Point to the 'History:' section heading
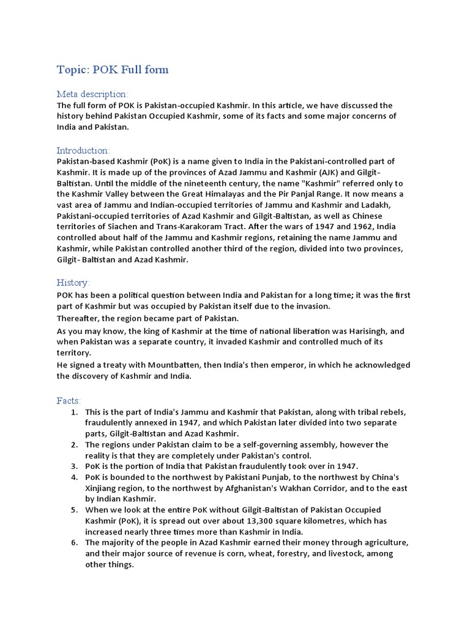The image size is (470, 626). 73,283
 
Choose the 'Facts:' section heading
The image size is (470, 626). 69,400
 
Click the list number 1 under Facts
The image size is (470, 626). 73,412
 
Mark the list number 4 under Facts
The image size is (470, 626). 73,477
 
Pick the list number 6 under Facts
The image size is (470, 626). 73,543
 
